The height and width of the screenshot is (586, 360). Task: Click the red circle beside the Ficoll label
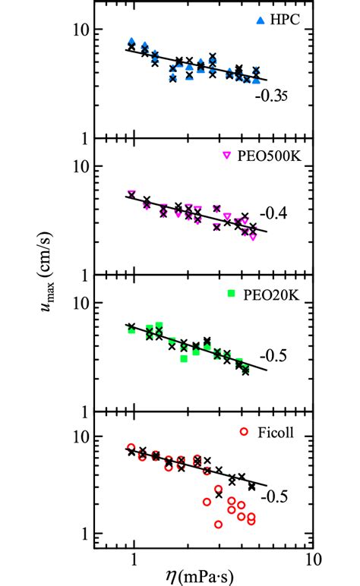click(x=244, y=432)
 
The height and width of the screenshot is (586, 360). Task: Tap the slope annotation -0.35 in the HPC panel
click(x=270, y=96)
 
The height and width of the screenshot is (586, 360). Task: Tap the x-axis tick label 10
click(x=310, y=562)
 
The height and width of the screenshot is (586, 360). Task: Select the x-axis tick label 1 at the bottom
click(x=134, y=562)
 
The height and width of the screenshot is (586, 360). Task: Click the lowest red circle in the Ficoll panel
click(x=219, y=525)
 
